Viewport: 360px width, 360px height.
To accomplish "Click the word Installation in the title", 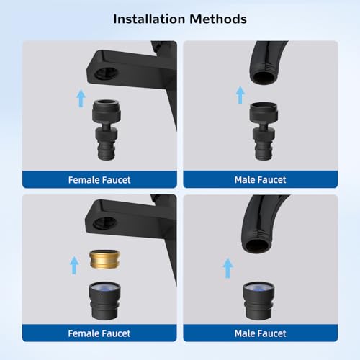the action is click(x=149, y=19).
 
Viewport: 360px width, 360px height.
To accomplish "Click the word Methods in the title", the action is click(x=218, y=19).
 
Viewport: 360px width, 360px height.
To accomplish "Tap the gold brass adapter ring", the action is click(x=104, y=259).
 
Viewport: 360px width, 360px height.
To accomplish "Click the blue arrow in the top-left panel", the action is click(x=81, y=99).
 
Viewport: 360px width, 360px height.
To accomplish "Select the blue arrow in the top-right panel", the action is click(x=240, y=95).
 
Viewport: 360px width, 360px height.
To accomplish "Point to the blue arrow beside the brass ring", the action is click(x=74, y=266).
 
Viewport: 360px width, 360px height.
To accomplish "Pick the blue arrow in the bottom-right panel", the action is click(x=228, y=269).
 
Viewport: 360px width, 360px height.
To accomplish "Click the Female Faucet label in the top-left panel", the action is click(x=99, y=180).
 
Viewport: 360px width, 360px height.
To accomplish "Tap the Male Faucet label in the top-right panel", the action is click(x=261, y=180).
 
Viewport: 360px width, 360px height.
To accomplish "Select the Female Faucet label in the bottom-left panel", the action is click(x=99, y=333).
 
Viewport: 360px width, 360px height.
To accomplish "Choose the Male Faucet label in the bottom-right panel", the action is click(x=261, y=333).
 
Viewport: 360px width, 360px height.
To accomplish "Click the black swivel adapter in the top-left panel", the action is click(x=107, y=130).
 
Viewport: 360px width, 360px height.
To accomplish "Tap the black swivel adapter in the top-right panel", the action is click(x=264, y=131).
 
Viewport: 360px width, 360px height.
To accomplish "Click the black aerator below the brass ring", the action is click(x=105, y=301).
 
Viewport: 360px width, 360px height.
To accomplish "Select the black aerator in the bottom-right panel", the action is click(x=258, y=301).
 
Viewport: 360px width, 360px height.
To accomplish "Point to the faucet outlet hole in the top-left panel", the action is click(x=106, y=73).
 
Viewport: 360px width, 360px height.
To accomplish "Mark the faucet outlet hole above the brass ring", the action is click(x=105, y=223).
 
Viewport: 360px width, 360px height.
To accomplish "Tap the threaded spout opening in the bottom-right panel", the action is click(x=257, y=246).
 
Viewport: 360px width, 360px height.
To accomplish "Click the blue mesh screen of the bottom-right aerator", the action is click(x=258, y=287).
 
